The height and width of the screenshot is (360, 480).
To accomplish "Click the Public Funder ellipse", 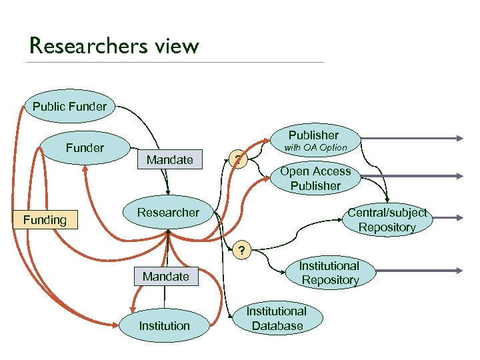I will (x=69, y=106).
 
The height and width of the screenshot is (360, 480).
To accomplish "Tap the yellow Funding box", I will (x=45, y=219).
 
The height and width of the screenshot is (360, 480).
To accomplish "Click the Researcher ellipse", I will (x=168, y=213).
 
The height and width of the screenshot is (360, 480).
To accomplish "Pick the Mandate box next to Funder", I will (x=169, y=159).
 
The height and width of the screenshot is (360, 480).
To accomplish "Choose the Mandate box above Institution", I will (x=166, y=276).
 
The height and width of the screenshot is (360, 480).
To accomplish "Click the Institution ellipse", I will (x=165, y=326).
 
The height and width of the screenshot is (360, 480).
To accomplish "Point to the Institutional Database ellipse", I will (x=277, y=319).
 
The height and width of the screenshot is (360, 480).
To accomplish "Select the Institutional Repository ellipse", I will (x=329, y=273).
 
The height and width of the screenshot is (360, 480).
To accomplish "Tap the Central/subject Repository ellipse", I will (x=387, y=220).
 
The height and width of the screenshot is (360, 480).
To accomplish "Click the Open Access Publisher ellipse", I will (x=315, y=179).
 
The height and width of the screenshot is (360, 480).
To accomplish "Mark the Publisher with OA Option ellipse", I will (x=314, y=140).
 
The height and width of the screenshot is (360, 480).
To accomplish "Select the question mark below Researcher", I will (x=242, y=251).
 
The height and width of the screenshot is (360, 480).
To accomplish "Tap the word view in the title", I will (x=177, y=46).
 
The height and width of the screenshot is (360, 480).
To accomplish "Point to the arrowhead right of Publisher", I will (x=459, y=139).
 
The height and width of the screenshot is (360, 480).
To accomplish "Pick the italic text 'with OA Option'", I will (x=316, y=147).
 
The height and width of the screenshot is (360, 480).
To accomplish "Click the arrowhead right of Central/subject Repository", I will (x=459, y=218).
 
